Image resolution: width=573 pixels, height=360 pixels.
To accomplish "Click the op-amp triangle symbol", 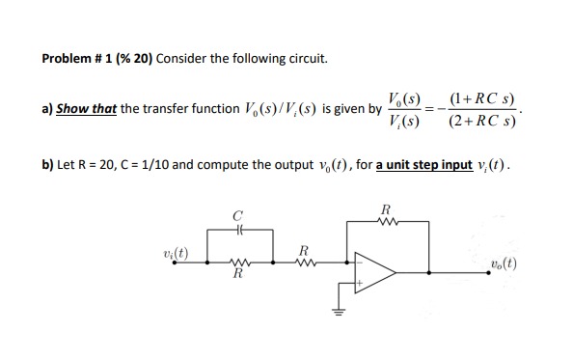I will pyautogui.click(x=376, y=272).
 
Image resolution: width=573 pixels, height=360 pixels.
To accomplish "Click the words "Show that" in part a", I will pyautogui.click(x=86, y=108).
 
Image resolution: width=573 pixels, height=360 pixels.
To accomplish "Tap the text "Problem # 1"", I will pyautogui.click(x=75, y=58).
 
